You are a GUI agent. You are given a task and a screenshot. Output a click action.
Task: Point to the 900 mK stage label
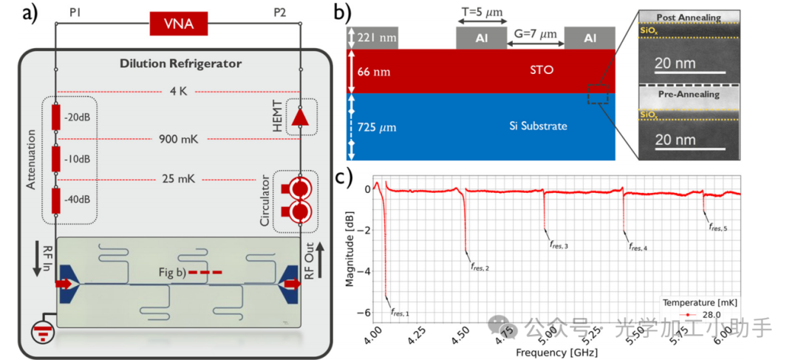[179, 138]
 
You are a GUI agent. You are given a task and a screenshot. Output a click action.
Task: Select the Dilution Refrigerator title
[180, 64]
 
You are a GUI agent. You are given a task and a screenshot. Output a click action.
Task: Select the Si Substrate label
[538, 126]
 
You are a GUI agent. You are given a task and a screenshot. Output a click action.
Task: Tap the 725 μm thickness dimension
[377, 127]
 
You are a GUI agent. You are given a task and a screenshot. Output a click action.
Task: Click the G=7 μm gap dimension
[536, 35]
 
